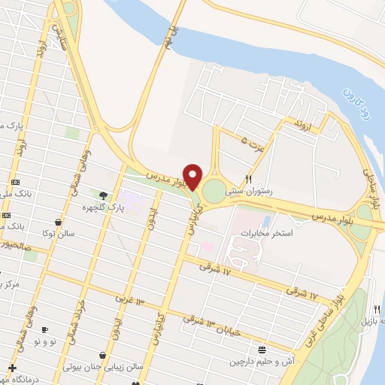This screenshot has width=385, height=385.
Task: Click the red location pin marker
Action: pos(192,176)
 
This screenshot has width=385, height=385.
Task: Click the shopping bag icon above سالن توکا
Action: pos(59,222)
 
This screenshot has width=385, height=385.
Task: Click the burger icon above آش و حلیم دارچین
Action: pos(262,349)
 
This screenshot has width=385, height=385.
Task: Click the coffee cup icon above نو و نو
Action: pos(44,329)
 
